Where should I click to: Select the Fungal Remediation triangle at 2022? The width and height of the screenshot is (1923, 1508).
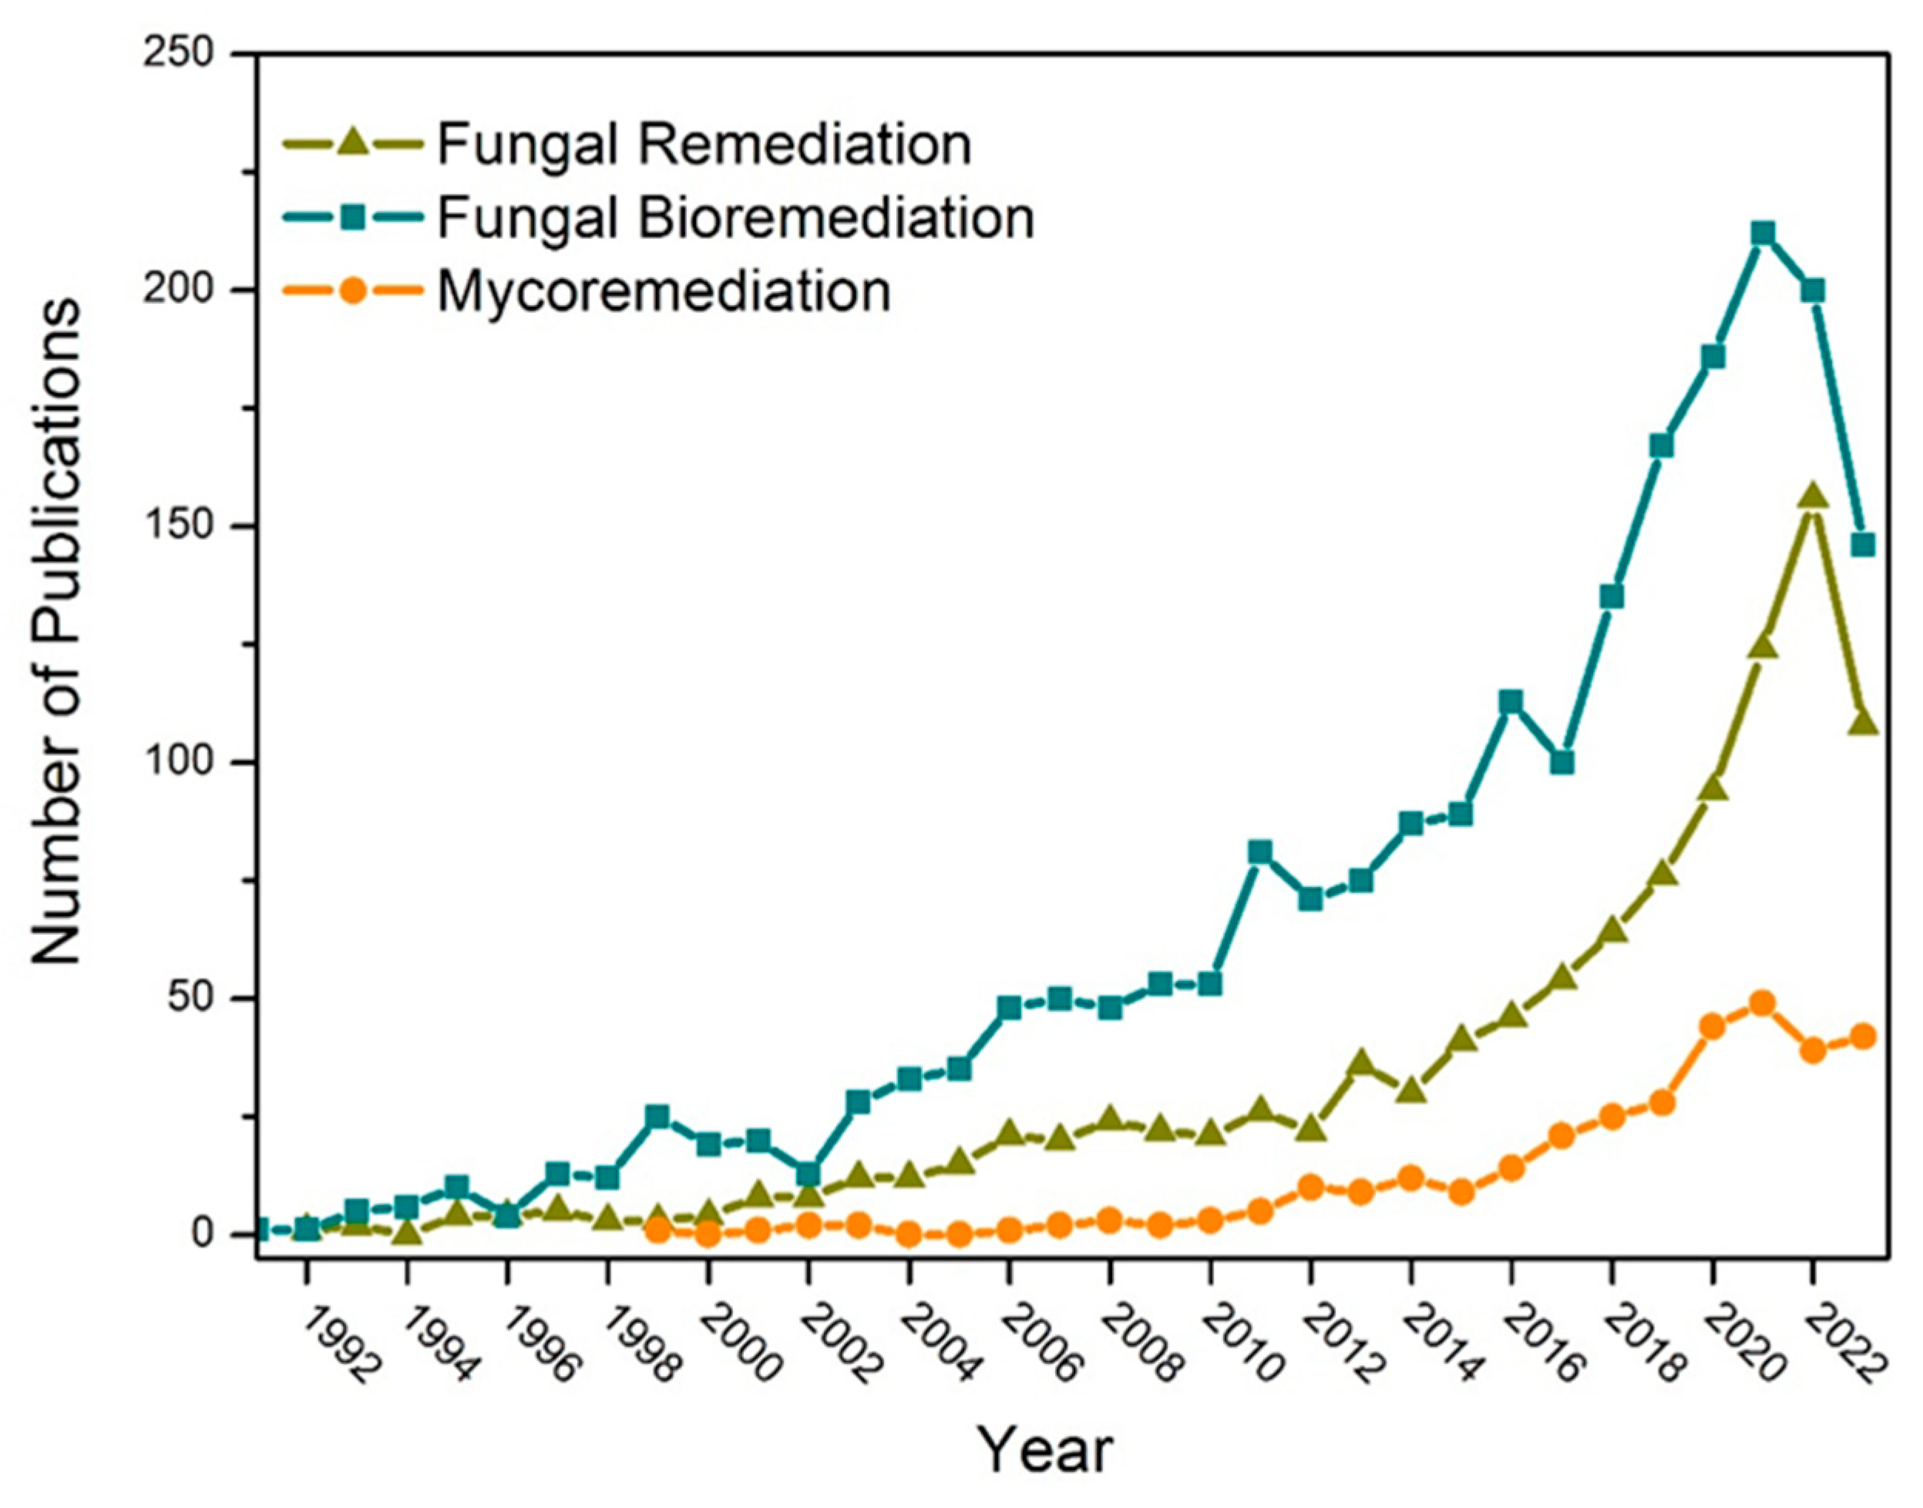click(x=1813, y=496)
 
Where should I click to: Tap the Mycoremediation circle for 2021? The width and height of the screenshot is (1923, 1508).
click(x=1763, y=1004)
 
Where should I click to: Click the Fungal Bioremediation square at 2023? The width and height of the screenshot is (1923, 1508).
click(x=1863, y=545)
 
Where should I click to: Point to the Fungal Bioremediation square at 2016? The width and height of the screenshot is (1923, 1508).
click(x=1511, y=702)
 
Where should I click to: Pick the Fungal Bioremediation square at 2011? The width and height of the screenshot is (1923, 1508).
click(x=1260, y=852)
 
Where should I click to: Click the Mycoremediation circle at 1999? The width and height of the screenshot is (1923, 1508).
click(x=657, y=1230)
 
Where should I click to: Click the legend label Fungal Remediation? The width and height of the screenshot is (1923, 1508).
click(x=704, y=144)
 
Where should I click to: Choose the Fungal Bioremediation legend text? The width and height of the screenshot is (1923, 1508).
click(x=735, y=217)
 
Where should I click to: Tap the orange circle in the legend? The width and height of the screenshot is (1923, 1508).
click(x=352, y=291)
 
